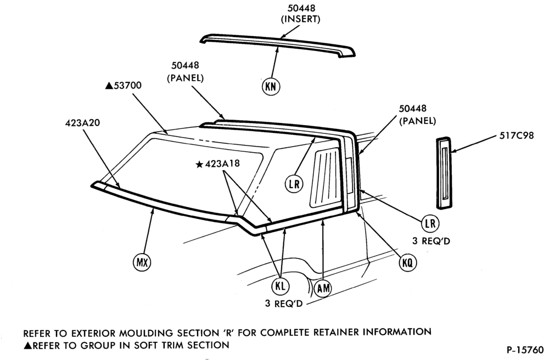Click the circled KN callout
[x=271, y=86]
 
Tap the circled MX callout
[x=142, y=262]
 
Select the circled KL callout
[x=281, y=286]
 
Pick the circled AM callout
[x=323, y=288]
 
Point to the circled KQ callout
[x=408, y=262]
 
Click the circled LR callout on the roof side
[x=294, y=184]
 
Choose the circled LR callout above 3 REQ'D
[x=430, y=223]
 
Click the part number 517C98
[x=517, y=136]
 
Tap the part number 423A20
[x=82, y=123]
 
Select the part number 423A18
[x=222, y=164]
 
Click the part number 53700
[x=127, y=86]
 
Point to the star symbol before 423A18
[x=200, y=164]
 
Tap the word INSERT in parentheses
[x=300, y=19]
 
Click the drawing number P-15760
[x=525, y=350]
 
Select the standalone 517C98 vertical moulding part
[x=444, y=173]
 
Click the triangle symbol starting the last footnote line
[x=27, y=345]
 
